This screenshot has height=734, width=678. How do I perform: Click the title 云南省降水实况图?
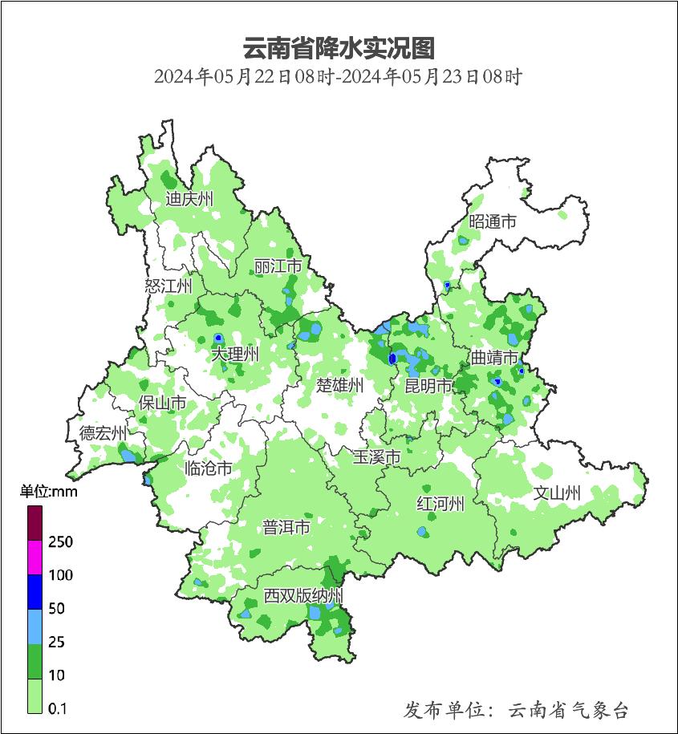339,48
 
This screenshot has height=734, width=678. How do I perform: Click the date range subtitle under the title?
339,78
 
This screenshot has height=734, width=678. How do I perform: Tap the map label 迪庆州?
189,199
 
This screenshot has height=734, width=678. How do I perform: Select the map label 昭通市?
493,222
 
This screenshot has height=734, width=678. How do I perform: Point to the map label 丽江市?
278,266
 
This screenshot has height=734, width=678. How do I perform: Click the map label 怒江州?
168,286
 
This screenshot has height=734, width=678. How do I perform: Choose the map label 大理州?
235,354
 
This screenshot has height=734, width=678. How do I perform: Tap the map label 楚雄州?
340,386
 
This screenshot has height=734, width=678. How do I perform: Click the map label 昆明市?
428,386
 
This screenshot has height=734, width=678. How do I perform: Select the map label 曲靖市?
494,358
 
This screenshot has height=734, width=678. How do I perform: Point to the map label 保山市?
163,403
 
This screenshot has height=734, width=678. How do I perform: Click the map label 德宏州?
103,434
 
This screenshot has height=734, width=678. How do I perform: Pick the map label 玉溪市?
377,457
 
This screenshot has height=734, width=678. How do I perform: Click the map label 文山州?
557,493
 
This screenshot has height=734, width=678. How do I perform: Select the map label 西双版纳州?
304,596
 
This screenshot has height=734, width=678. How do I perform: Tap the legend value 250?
60,542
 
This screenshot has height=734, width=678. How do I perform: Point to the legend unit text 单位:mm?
48,492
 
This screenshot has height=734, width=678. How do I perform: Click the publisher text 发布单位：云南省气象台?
516,710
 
